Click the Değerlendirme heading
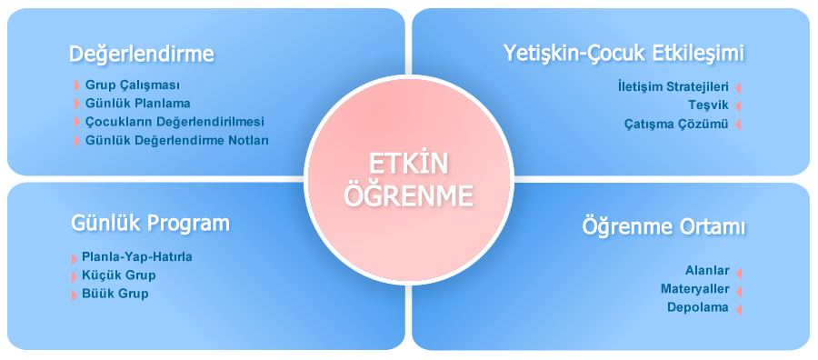click(x=142, y=55)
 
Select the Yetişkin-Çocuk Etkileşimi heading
click(x=623, y=54)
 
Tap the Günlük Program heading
click(x=150, y=224)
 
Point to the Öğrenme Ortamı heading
click(x=663, y=227)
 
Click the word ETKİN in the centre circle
click(x=409, y=165)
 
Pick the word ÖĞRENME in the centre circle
click(x=409, y=195)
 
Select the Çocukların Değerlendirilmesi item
click(x=175, y=122)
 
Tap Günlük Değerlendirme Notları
click(x=176, y=140)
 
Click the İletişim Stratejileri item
click(x=672, y=87)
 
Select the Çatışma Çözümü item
click(x=676, y=124)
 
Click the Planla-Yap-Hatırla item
click(x=136, y=256)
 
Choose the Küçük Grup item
click(x=118, y=275)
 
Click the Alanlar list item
click(x=707, y=271)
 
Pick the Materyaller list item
click(x=694, y=289)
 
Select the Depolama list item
click(x=698, y=307)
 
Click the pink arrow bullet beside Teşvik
click(x=738, y=106)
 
